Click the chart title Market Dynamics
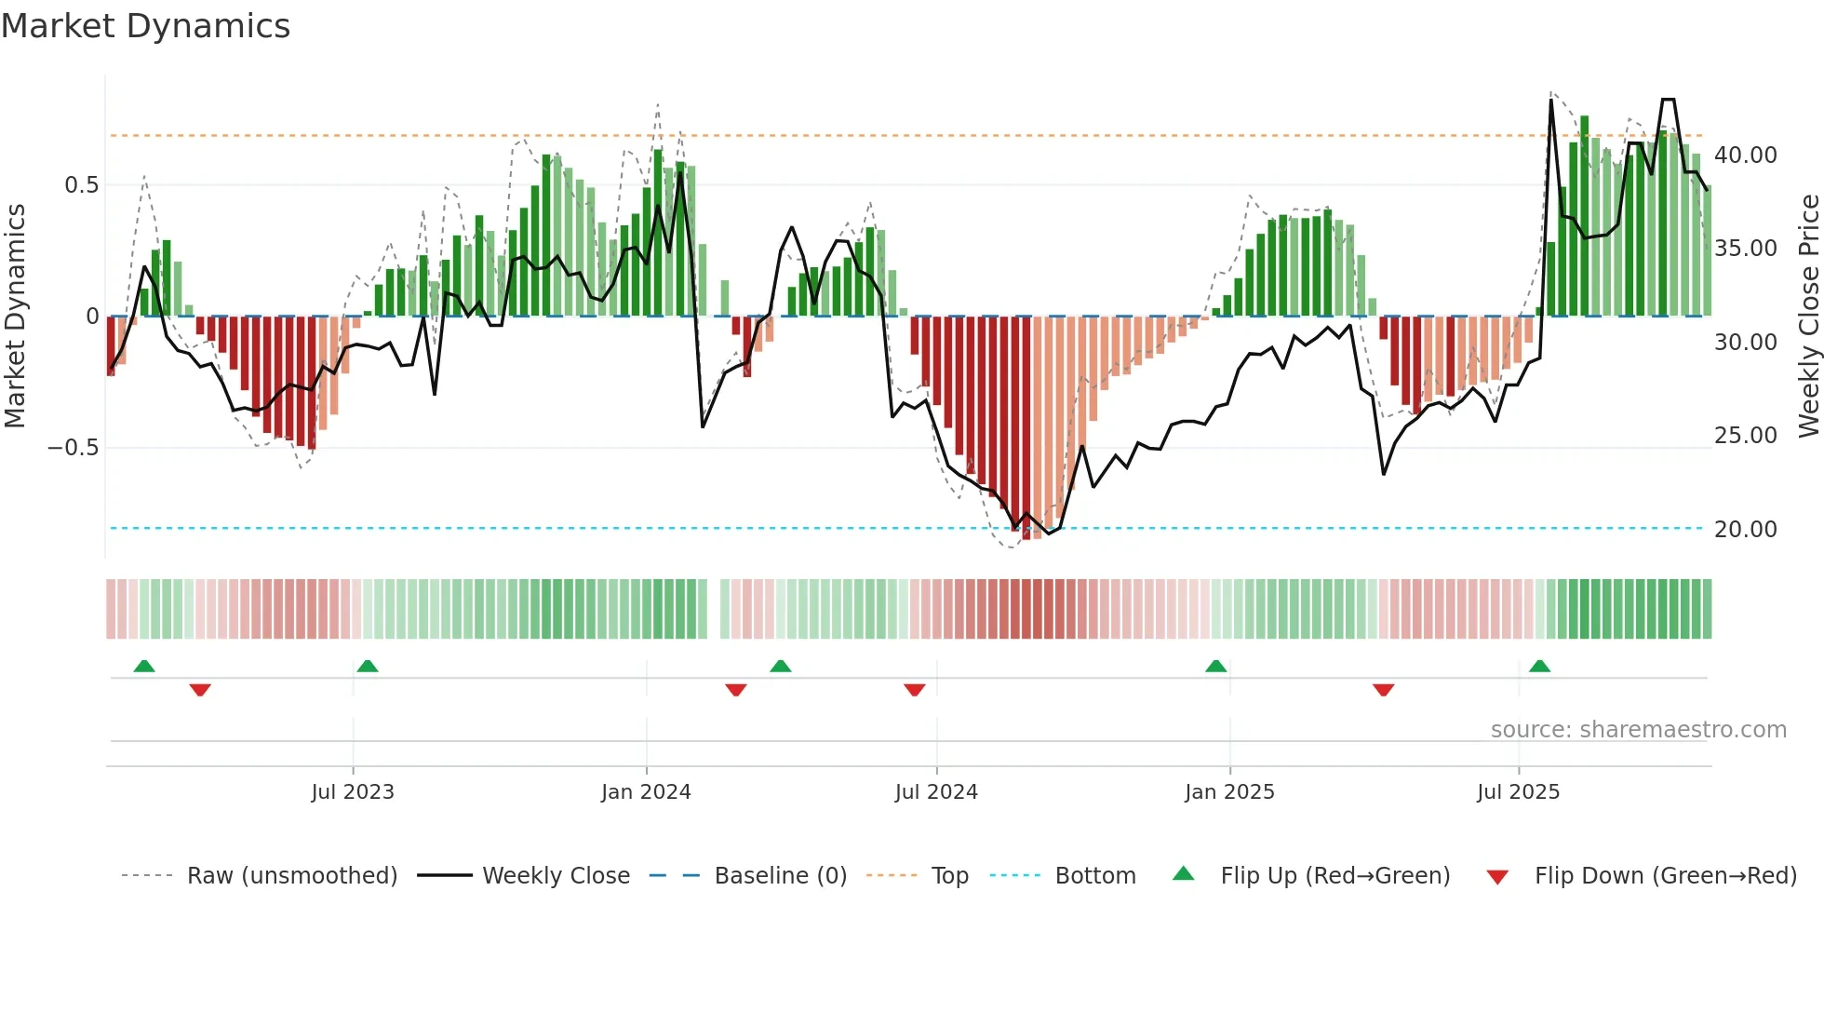click(145, 26)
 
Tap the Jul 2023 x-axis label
click(353, 792)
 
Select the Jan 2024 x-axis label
click(646, 792)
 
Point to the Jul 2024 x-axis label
click(936, 792)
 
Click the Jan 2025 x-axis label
click(1229, 792)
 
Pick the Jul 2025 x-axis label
click(1518, 792)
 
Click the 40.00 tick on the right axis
click(1745, 155)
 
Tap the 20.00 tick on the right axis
click(1745, 530)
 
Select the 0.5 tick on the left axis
click(81, 185)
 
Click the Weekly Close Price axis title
click(1808, 316)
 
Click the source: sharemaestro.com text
click(1638, 730)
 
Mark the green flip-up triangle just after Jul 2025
click(1539, 666)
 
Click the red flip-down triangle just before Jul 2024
click(914, 690)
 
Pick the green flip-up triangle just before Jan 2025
click(1215, 666)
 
